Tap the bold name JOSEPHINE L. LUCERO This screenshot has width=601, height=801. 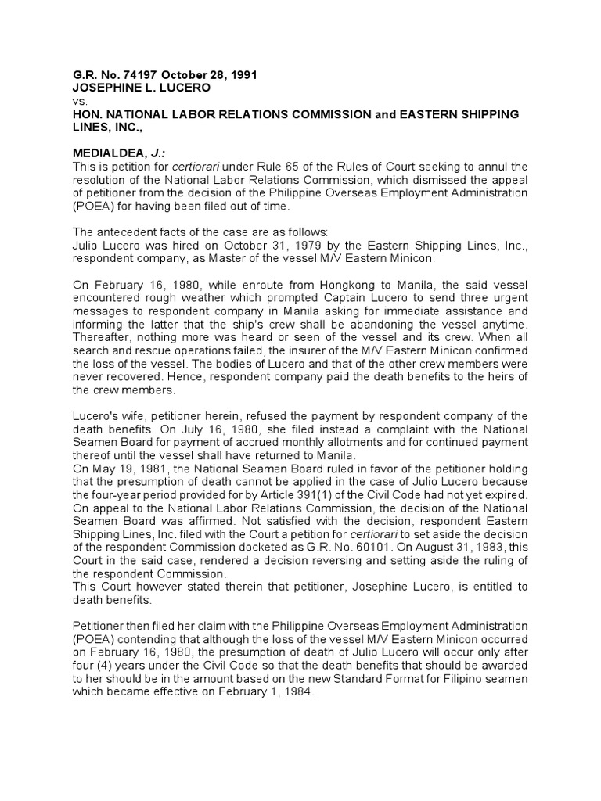pos(131,88)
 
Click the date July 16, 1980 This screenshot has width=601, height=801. pos(210,429)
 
